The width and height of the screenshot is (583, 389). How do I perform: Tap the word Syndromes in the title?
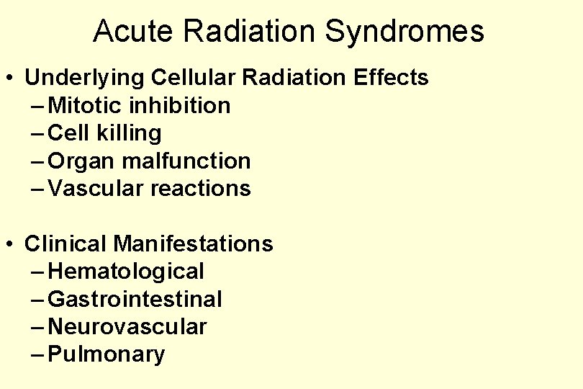[x=405, y=32]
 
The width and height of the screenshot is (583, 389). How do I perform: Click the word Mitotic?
[x=86, y=105]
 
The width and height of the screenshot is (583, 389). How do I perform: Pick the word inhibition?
[x=180, y=105]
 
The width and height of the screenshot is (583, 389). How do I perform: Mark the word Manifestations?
[x=193, y=243]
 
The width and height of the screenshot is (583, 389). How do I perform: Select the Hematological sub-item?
[x=126, y=272]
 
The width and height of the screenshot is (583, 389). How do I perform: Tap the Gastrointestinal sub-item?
[x=135, y=299]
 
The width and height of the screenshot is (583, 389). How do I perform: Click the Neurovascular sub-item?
[x=127, y=327]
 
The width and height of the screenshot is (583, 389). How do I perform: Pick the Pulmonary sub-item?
[x=107, y=354]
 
